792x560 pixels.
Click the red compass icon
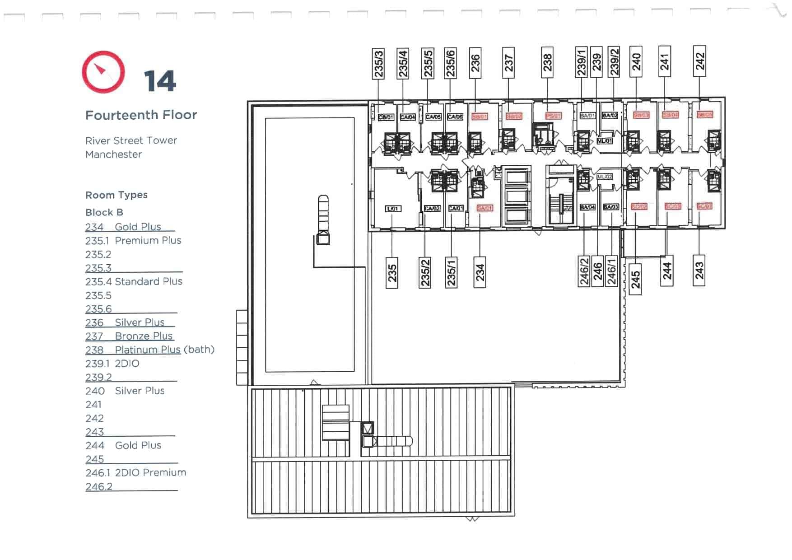point(103,72)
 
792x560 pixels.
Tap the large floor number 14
point(160,81)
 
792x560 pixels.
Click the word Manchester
point(113,154)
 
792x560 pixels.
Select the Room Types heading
point(116,195)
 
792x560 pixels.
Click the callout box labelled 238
point(547,62)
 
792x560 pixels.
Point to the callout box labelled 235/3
point(378,63)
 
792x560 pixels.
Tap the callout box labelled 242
point(699,61)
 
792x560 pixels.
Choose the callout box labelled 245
point(635,280)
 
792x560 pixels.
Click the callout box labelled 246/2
point(584,271)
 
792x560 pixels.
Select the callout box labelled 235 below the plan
point(392,273)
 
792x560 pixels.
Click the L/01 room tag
point(393,209)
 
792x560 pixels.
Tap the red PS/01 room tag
point(553,116)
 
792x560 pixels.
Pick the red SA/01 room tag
point(485,208)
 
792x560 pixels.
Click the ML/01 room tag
point(605,141)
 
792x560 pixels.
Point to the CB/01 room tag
point(386,117)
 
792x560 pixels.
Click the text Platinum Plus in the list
point(148,350)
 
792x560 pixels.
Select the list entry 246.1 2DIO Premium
point(135,473)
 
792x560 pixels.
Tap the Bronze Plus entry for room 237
point(144,336)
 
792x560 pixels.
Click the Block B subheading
point(104,212)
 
